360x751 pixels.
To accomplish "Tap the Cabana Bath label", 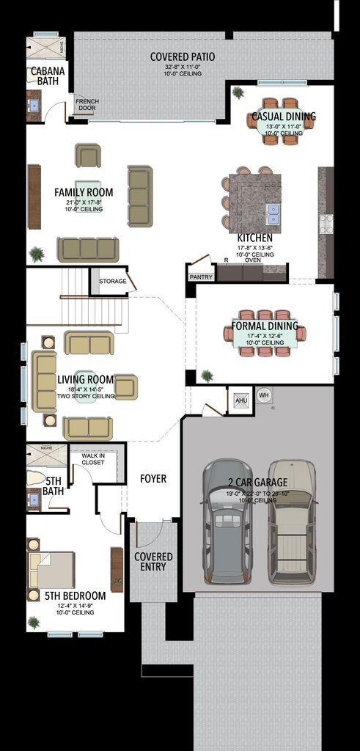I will (47, 76).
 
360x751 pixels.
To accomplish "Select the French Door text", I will (87, 104).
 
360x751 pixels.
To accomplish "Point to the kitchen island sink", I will (274, 213).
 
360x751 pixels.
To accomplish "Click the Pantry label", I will (200, 276).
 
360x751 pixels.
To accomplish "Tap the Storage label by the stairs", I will (112, 281).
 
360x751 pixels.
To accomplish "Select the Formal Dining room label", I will (264, 326).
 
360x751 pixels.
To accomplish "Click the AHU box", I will (240, 400).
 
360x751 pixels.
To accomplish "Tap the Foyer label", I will (153, 478).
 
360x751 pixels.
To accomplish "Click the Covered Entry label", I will (153, 562).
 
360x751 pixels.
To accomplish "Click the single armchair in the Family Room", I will (88, 155).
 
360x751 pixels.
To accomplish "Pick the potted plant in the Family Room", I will (36, 254).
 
